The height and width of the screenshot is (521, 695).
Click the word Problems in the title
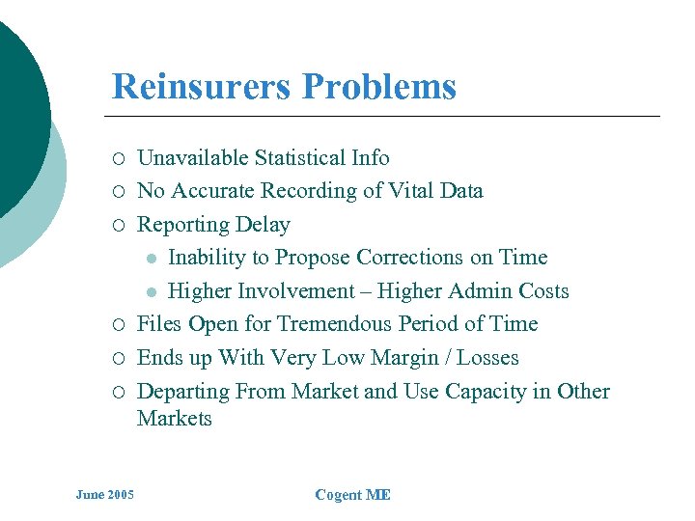click(x=378, y=87)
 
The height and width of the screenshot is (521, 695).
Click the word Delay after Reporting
click(x=263, y=225)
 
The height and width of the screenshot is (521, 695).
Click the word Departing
click(x=184, y=392)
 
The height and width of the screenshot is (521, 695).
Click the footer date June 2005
click(x=105, y=495)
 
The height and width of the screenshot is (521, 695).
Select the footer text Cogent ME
click(x=353, y=495)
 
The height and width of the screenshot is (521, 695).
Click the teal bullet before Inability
click(x=151, y=259)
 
